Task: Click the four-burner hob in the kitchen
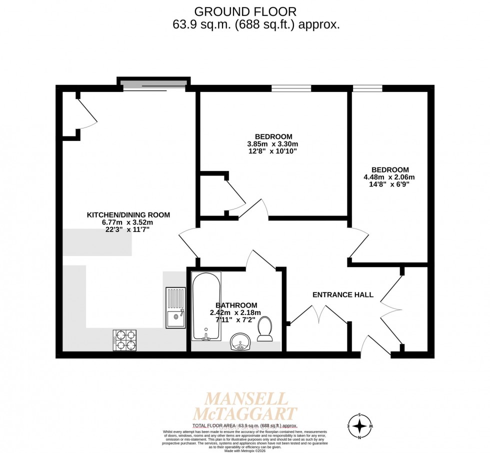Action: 125,340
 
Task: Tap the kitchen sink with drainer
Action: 175,307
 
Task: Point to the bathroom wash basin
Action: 240,343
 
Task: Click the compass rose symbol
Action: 359,426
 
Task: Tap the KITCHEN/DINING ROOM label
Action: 128,215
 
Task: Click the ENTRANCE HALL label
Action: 342,294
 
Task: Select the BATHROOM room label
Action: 236,305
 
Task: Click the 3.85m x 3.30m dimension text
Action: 273,144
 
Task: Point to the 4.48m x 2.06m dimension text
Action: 389,177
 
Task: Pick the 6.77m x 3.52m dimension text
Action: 128,222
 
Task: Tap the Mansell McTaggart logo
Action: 246,406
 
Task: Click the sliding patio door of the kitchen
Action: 154,85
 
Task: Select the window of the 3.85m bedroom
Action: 291,88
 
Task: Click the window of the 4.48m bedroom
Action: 367,88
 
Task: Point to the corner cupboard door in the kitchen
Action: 87,112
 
